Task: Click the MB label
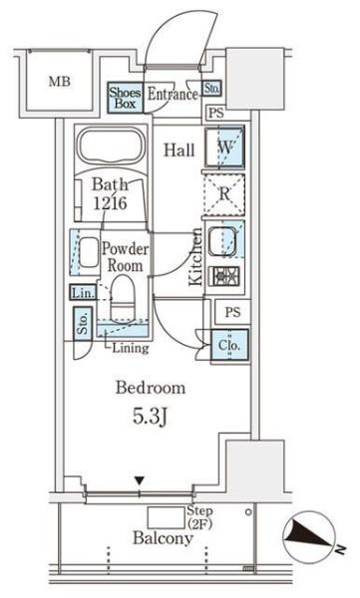coord(60,82)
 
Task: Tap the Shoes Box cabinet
coord(125,98)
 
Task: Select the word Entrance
coord(173,95)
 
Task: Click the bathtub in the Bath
coord(111,147)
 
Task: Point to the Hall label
coord(180,149)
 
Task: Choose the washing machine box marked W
coord(224,148)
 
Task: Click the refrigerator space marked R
coord(224,194)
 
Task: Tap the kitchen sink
coord(222,241)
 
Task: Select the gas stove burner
coord(224,276)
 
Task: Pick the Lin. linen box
coord(83,292)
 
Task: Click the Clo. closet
coord(229,346)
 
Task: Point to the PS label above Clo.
coord(232,312)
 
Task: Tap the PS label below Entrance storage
coord(216,113)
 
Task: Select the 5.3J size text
coord(150,417)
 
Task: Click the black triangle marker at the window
coord(140,481)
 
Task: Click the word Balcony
coord(163,538)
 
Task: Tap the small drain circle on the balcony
coord(248,512)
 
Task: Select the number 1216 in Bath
coord(110,203)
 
